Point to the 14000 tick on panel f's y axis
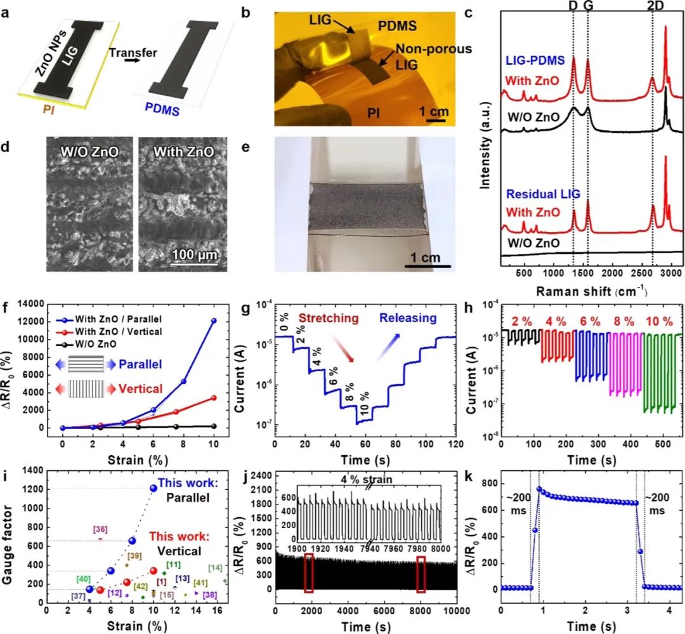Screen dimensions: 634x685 point(39,304)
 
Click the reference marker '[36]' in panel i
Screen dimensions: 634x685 point(100,529)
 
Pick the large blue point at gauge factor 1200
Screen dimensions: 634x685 point(153,488)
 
